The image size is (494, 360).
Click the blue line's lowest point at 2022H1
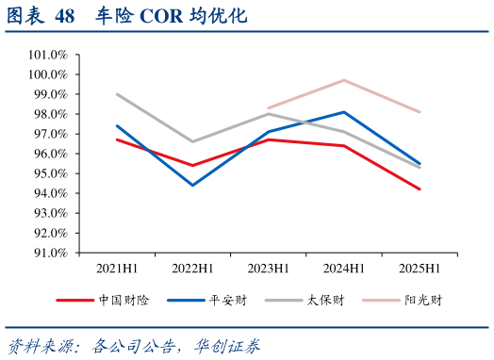(x=192, y=185)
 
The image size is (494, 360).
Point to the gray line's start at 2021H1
(x=116, y=94)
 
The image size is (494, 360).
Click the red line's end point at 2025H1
(x=420, y=188)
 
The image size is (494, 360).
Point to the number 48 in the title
(x=65, y=16)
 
